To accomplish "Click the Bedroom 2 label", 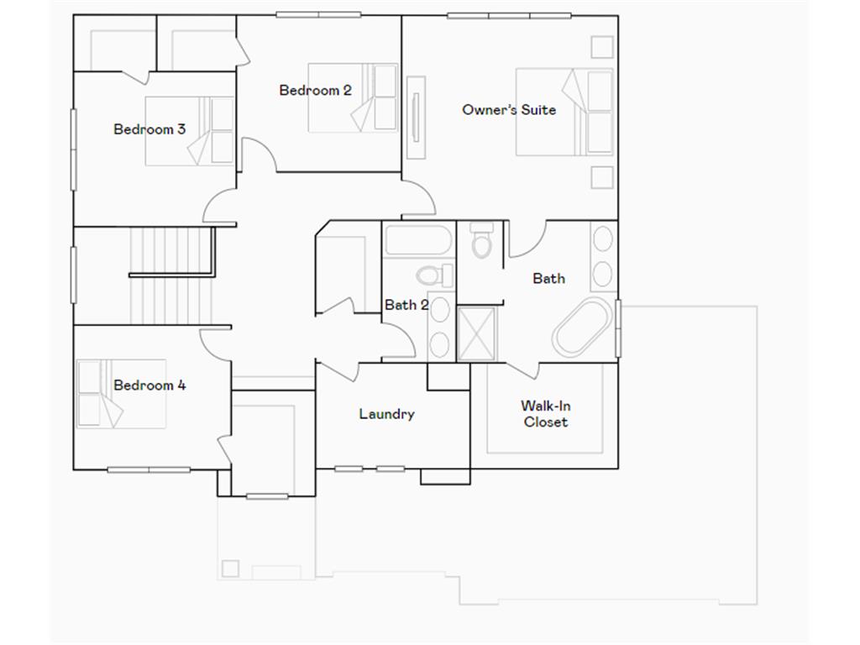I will tap(315, 91).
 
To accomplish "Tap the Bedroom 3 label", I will tap(149, 129).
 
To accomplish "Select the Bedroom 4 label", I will tap(149, 385).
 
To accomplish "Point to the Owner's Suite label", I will tap(509, 109).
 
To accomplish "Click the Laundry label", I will tap(386, 414).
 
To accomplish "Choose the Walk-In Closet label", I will tap(546, 414).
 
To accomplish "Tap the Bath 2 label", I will tap(406, 305).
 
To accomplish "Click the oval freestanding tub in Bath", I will tap(581, 327).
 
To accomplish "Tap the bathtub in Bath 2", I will tap(418, 241).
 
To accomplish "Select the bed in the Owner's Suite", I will tap(564, 112).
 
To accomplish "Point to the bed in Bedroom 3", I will tap(190, 131).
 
